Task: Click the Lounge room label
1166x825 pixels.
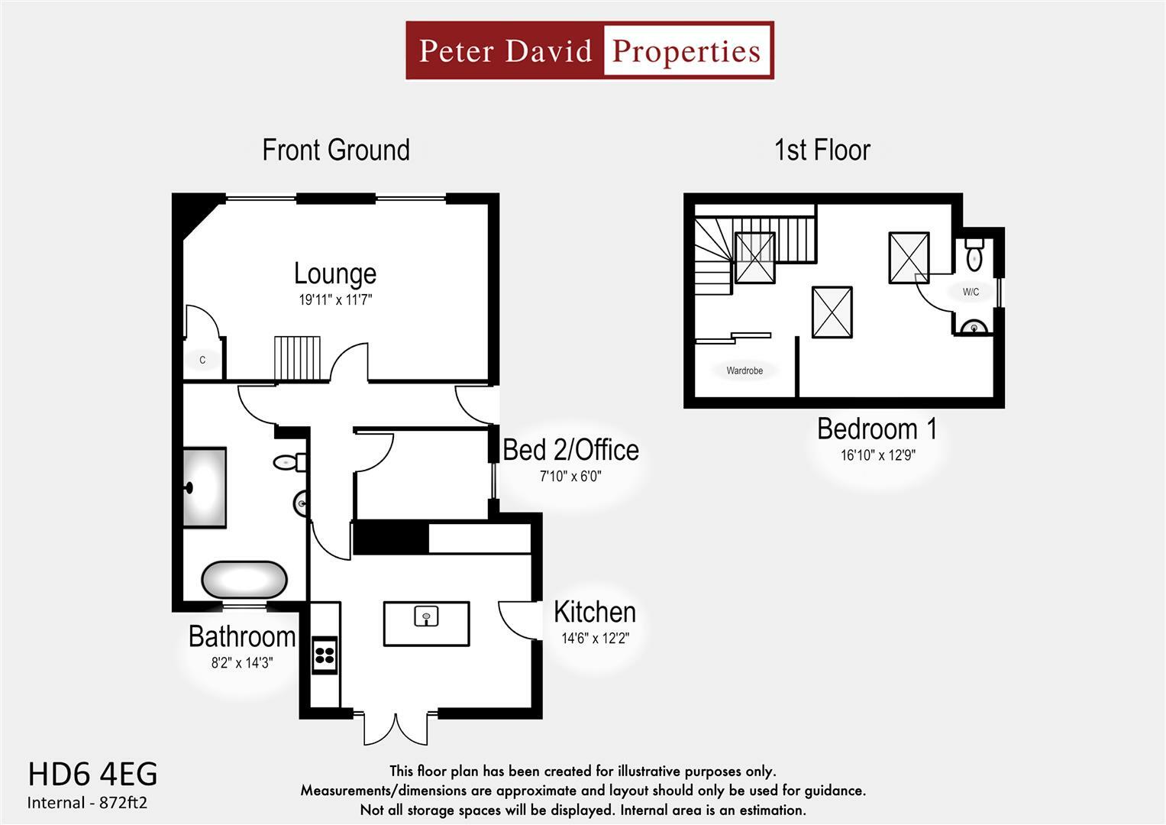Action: pos(334,273)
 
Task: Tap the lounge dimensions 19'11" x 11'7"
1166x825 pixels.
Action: pos(334,300)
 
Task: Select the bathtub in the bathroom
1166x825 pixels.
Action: pos(244,581)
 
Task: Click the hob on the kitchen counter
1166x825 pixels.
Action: pos(325,654)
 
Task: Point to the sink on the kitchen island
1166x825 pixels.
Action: pos(426,616)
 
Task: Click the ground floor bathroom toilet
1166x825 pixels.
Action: pos(289,462)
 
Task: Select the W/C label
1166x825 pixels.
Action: pos(971,292)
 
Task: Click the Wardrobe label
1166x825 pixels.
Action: pos(744,370)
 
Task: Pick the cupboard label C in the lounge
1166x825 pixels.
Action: pos(202,360)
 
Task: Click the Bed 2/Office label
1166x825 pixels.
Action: pos(570,450)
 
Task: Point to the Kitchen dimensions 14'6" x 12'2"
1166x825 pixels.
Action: pos(595,639)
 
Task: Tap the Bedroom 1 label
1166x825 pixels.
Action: pos(877,429)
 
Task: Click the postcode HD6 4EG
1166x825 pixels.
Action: pos(92,774)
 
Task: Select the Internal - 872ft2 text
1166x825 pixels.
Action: pos(87,803)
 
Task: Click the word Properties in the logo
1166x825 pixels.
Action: pos(686,51)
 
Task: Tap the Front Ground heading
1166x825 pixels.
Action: pos(336,150)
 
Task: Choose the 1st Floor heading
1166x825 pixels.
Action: pos(822,150)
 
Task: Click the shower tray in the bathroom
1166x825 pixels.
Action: pos(205,487)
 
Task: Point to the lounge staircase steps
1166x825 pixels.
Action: pos(298,357)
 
